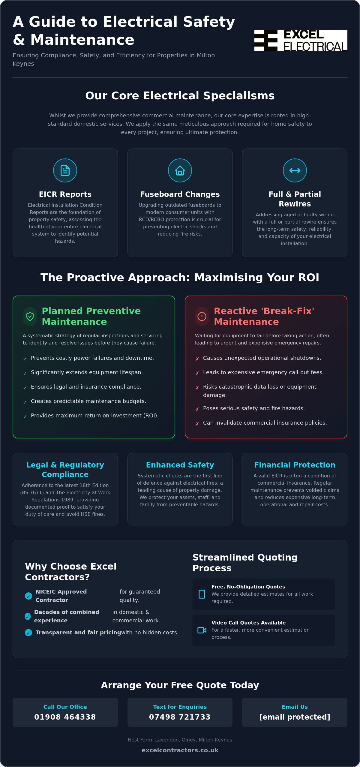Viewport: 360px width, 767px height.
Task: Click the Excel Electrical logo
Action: tap(301, 40)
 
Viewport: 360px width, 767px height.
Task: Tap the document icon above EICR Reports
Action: tap(65, 170)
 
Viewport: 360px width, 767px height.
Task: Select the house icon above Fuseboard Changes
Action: tap(180, 170)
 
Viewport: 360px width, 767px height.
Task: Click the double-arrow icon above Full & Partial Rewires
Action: tap(295, 170)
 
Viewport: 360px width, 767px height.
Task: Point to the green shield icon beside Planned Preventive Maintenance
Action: tap(30, 316)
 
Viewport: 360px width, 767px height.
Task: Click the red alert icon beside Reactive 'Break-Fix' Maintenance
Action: tap(202, 316)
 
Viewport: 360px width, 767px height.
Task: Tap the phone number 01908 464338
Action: tap(65, 717)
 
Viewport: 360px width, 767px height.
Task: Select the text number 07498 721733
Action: tap(180, 717)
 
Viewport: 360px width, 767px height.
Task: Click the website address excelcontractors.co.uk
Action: tap(180, 750)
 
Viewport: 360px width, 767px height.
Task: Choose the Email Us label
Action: tap(295, 707)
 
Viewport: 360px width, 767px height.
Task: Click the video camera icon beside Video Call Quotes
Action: tap(202, 630)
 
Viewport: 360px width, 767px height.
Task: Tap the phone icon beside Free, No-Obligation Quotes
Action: tap(202, 594)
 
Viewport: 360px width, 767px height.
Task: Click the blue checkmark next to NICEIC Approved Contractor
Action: tap(28, 596)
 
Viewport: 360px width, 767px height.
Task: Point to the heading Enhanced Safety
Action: tap(180, 465)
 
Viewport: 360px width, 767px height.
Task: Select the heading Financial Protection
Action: tap(295, 465)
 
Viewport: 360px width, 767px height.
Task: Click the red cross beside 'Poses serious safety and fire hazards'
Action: tap(197, 409)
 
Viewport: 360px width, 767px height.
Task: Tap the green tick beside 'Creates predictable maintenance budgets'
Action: tap(25, 402)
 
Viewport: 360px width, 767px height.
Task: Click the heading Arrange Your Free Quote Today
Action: tap(180, 685)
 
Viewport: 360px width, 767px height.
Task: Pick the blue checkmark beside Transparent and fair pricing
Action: tap(28, 633)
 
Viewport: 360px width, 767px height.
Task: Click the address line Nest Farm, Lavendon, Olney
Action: tap(180, 740)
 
